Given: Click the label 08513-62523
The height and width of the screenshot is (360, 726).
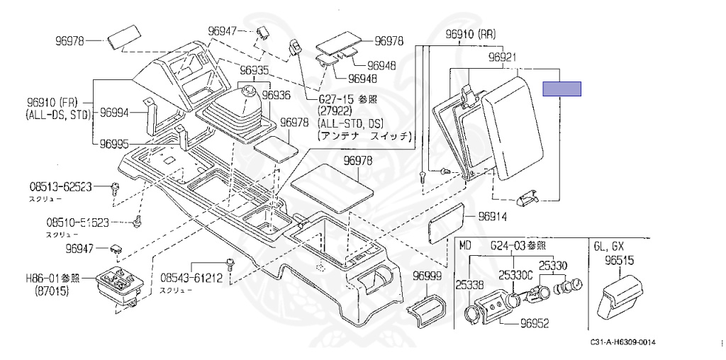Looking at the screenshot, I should (x=60, y=187).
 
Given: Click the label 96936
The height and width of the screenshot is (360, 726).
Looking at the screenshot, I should (x=277, y=94).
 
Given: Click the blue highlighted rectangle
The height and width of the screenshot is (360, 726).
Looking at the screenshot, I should (x=562, y=89).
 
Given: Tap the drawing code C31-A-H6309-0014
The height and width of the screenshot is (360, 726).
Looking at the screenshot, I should (x=622, y=343).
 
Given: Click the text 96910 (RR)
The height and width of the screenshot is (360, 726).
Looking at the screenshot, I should (x=470, y=33).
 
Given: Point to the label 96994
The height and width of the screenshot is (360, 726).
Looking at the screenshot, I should (x=114, y=112).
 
